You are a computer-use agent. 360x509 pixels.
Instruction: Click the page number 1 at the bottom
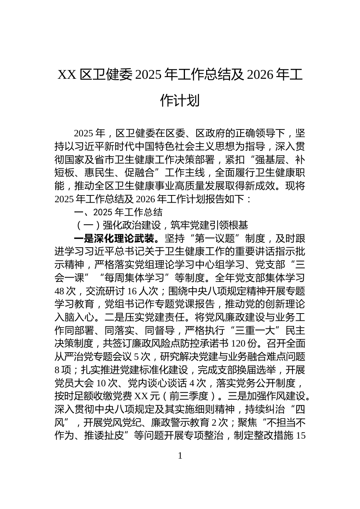click(x=180, y=456)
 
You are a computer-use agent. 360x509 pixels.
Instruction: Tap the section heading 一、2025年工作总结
click(x=118, y=212)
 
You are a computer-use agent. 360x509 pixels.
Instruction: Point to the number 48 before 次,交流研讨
click(x=61, y=291)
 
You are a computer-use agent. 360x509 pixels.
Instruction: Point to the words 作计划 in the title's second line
click(x=180, y=101)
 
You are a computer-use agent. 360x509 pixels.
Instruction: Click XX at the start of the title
click(x=67, y=75)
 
